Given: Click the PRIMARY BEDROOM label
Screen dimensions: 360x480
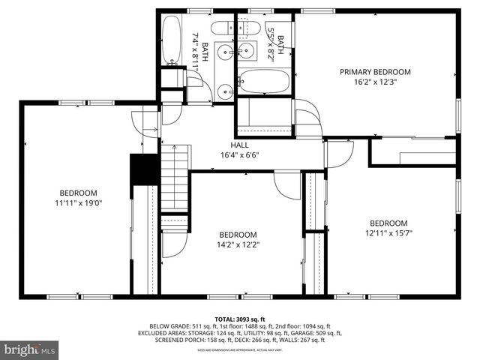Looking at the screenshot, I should click(x=375, y=72).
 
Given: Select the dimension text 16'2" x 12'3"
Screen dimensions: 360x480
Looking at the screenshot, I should click(x=375, y=83).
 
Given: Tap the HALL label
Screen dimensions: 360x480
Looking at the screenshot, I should click(x=239, y=145).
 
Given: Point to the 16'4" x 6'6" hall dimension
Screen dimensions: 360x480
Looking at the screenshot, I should click(x=239, y=155).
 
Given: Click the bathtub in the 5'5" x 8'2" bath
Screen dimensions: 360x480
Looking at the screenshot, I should click(x=263, y=81).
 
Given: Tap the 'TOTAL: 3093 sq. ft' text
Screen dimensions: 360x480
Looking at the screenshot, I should click(x=239, y=318).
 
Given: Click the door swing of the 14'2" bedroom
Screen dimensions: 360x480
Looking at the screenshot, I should click(x=286, y=185).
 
